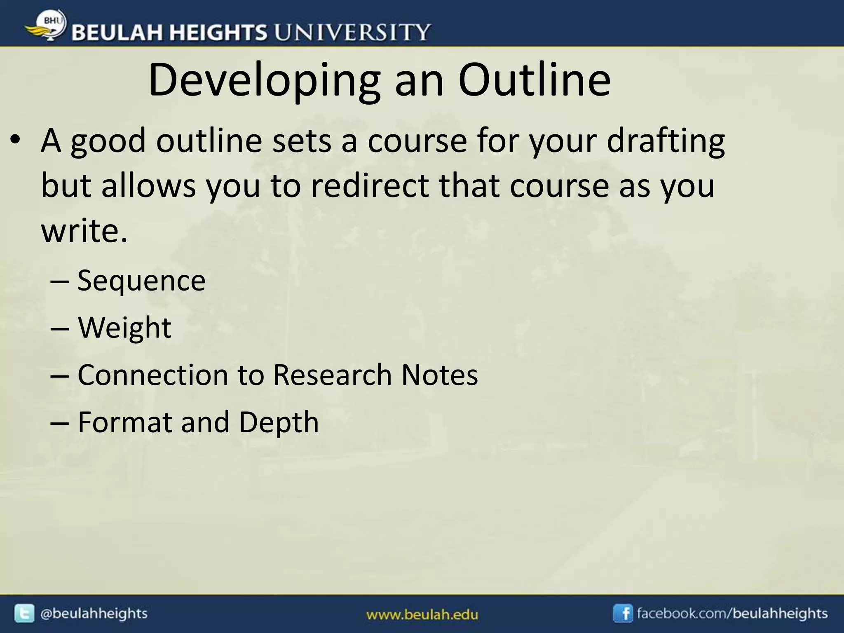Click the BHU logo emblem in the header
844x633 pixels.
coord(48,26)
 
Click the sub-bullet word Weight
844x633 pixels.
coord(124,328)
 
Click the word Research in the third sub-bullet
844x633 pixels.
coord(332,375)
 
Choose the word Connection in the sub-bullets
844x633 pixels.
coord(152,375)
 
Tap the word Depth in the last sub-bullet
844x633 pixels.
coord(279,422)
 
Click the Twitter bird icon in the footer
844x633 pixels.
coord(24,614)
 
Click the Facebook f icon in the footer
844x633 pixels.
coord(623,614)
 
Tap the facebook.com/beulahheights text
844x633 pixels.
coord(732,614)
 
